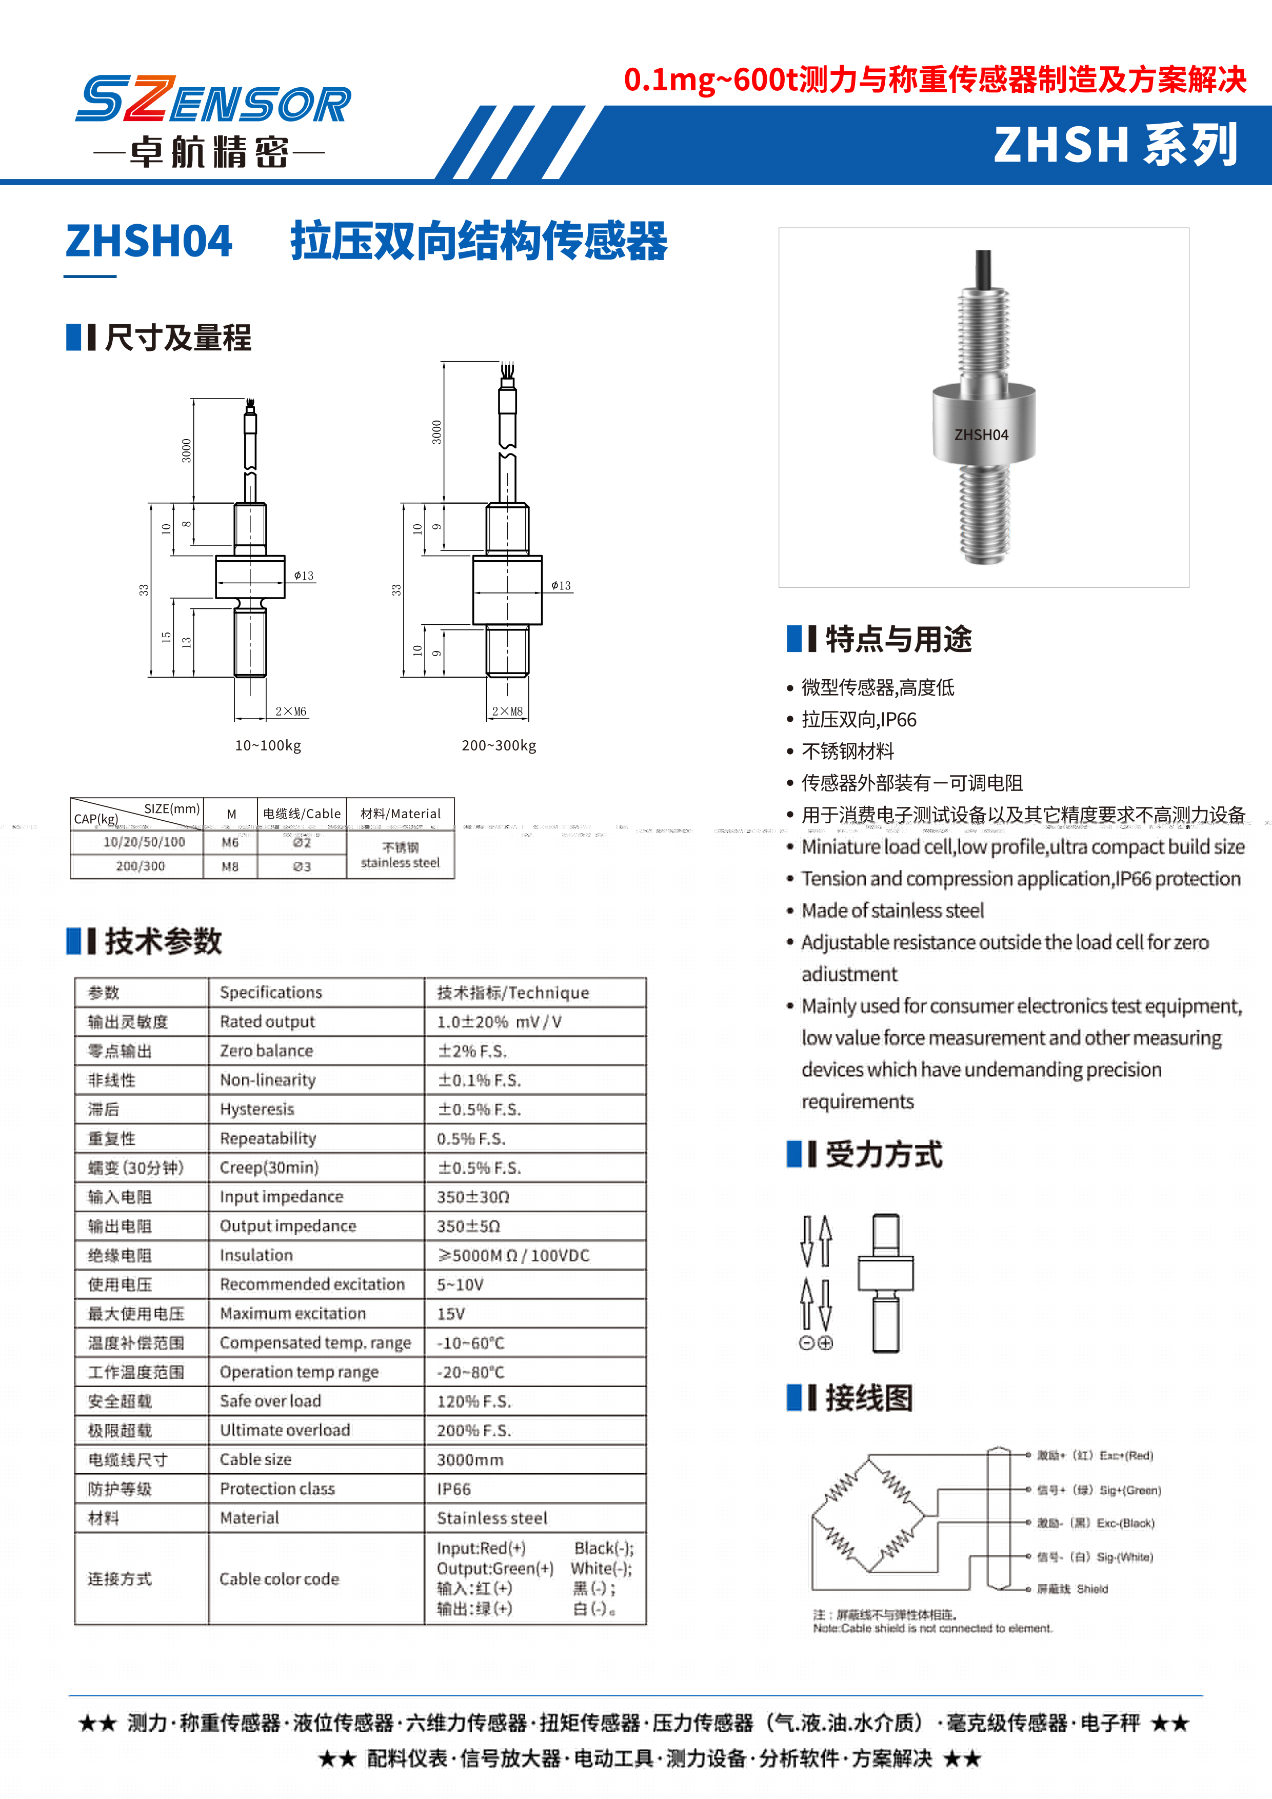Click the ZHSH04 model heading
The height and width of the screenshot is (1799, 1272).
click(149, 241)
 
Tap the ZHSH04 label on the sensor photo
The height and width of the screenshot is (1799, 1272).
click(981, 435)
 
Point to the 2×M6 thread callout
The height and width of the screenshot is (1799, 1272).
click(291, 711)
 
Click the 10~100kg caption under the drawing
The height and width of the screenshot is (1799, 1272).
click(268, 745)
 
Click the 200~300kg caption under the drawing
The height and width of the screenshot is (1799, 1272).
click(499, 745)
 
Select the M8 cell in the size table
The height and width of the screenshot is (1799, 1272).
click(229, 866)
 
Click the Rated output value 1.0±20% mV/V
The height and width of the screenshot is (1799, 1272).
click(499, 1022)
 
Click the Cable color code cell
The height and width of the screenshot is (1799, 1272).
click(279, 1579)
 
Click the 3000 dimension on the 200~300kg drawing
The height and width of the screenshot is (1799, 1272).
click(436, 432)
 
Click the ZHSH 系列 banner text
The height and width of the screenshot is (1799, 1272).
click(1116, 145)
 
